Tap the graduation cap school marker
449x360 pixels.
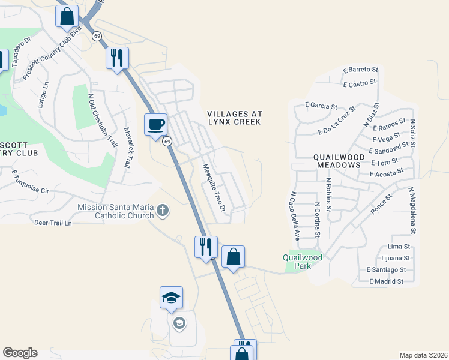click(x=171, y=298)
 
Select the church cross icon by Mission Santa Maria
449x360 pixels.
click(x=163, y=211)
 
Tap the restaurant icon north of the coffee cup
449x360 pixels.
click(x=116, y=58)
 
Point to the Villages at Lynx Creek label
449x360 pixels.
click(x=234, y=117)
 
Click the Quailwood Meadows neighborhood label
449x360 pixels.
click(x=337, y=160)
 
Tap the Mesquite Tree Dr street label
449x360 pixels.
click(x=213, y=188)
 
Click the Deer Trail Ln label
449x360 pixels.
click(x=53, y=223)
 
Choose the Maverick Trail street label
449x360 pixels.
click(x=127, y=148)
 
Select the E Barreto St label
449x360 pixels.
click(x=360, y=70)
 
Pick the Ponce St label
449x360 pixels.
click(x=381, y=205)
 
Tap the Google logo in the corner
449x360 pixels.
click(x=20, y=353)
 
